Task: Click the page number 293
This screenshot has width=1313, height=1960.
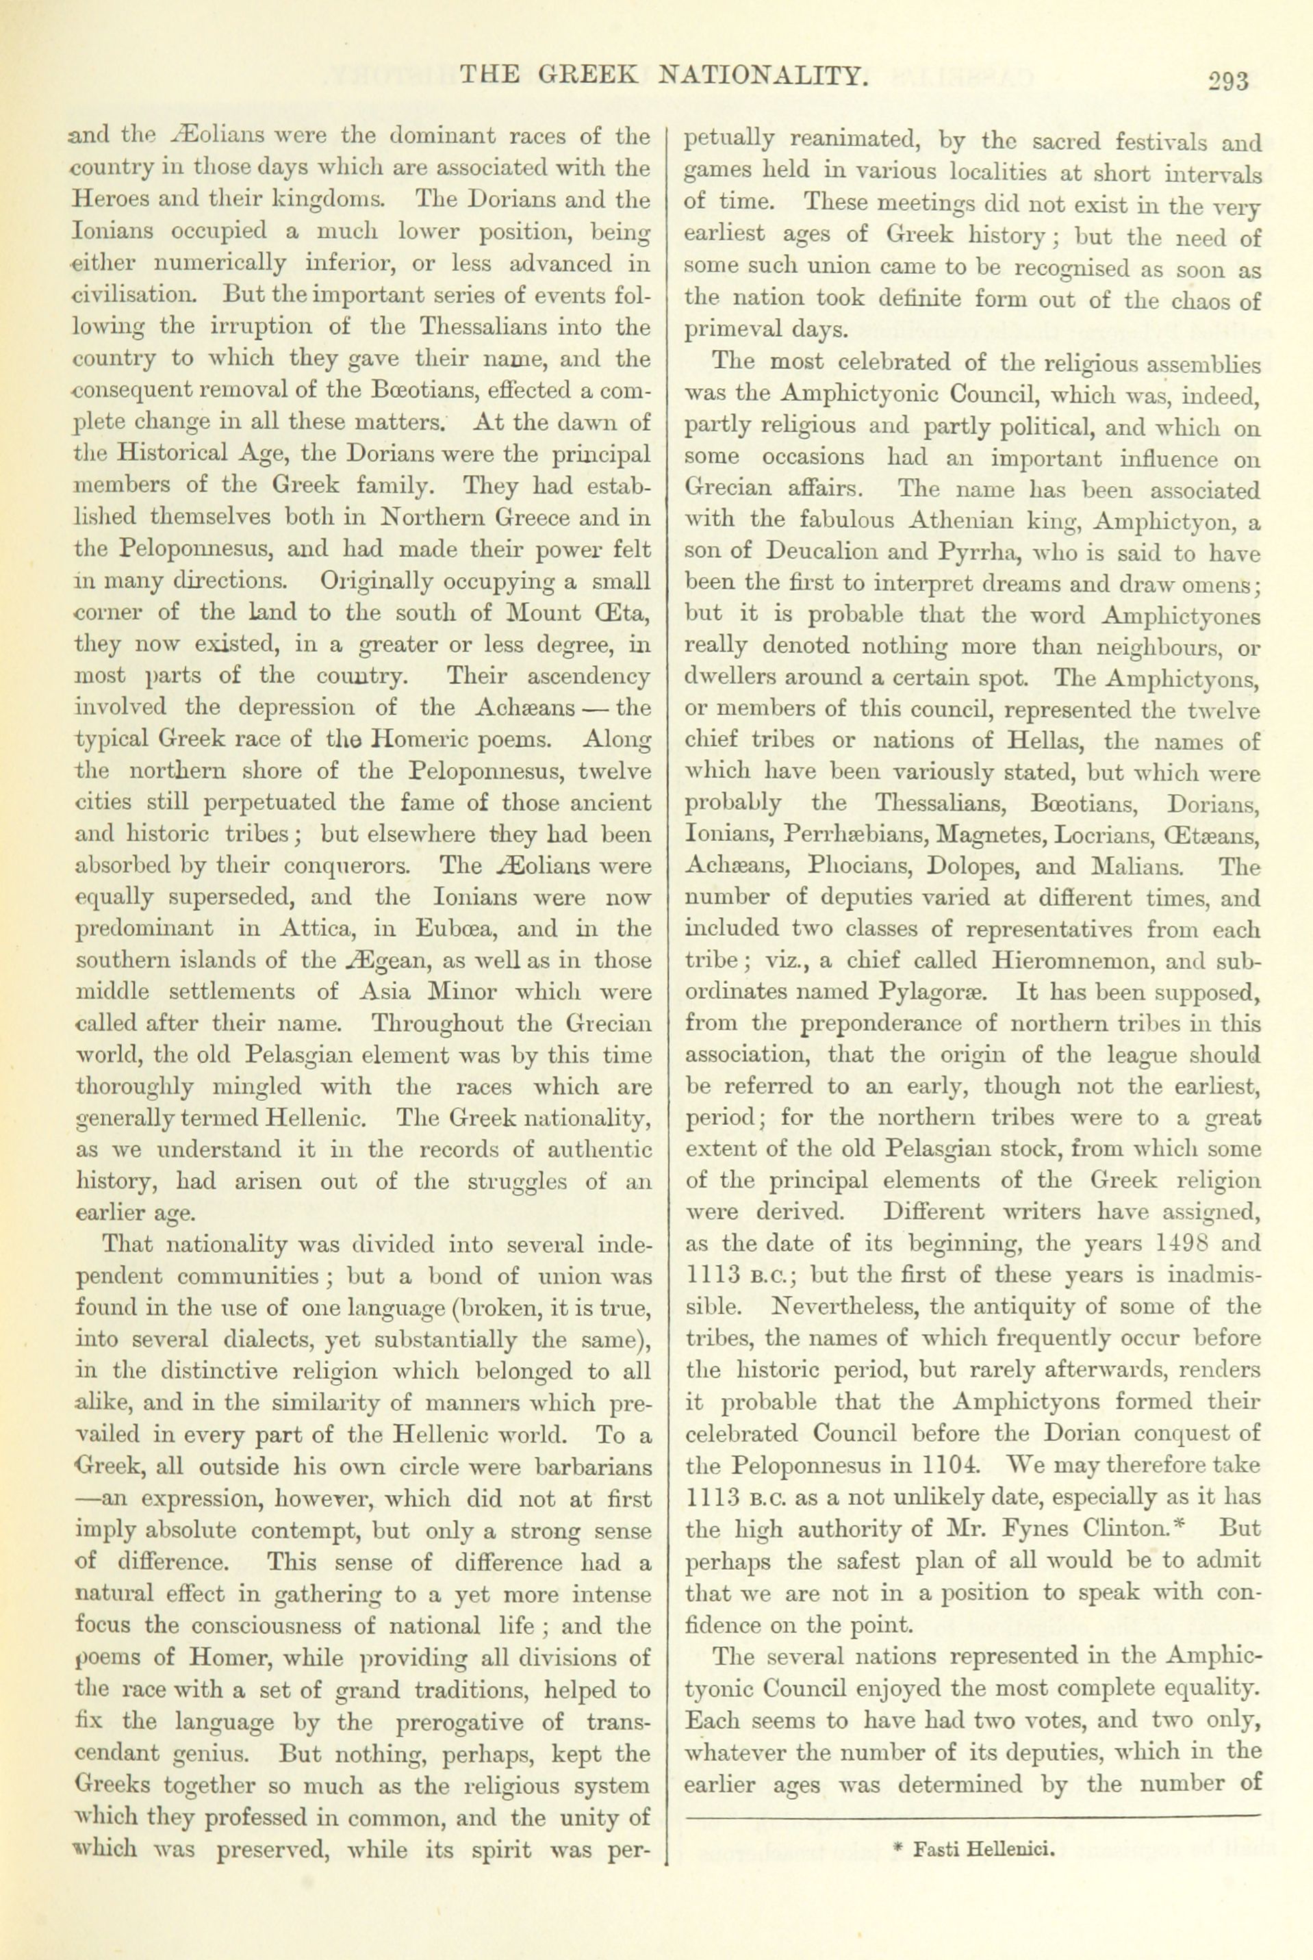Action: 1228,81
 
